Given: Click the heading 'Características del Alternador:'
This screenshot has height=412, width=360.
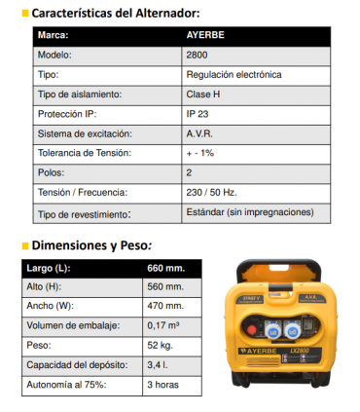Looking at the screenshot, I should (116, 13).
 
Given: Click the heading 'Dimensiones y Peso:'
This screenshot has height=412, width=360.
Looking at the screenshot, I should (92, 245).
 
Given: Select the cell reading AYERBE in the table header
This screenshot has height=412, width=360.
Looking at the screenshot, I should (205, 34).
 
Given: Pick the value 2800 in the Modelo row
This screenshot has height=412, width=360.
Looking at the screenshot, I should (196, 55).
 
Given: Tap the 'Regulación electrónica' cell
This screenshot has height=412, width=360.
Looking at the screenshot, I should (234, 74).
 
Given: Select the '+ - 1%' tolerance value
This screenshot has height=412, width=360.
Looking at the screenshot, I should (200, 153).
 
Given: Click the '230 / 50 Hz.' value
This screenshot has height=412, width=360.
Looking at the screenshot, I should (212, 192).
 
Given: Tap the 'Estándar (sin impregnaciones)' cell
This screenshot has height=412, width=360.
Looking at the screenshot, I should (249, 211).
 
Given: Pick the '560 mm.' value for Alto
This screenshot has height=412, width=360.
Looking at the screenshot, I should (165, 286).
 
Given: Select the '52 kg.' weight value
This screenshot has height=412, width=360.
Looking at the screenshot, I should (161, 345).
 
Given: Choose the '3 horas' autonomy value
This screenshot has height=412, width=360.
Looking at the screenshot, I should (162, 385).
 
